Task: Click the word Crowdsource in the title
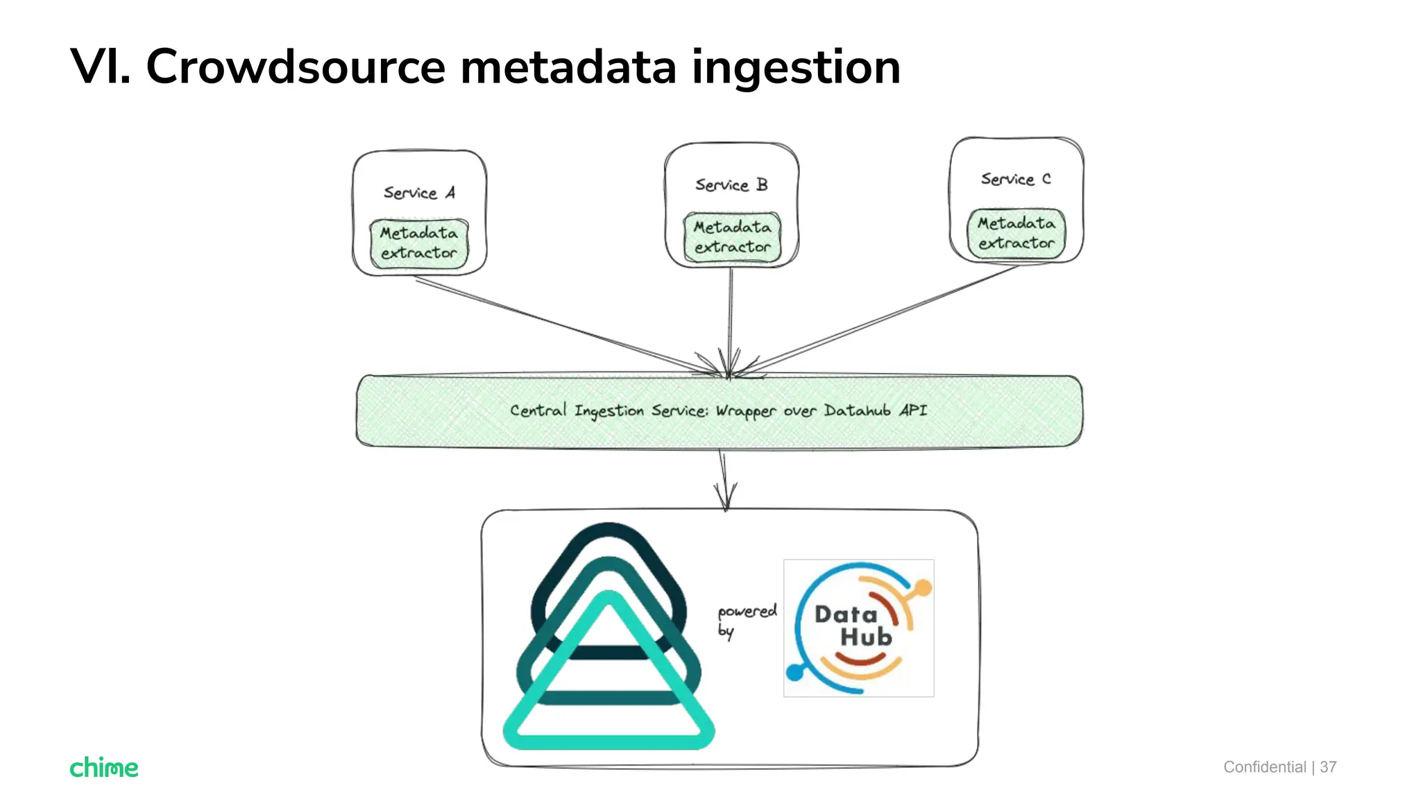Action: click(x=295, y=67)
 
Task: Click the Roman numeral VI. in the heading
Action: click(x=101, y=67)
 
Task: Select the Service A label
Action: click(x=419, y=193)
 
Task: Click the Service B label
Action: click(x=731, y=185)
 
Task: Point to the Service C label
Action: click(x=1015, y=179)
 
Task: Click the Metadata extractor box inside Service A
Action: click(x=419, y=243)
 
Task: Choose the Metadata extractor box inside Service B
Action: click(x=732, y=237)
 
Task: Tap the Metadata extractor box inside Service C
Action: click(x=1016, y=234)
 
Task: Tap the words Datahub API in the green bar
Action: click(x=875, y=411)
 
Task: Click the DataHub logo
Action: click(x=858, y=628)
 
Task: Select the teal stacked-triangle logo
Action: click(x=609, y=638)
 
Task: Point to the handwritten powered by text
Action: click(x=746, y=620)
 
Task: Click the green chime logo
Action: click(x=104, y=767)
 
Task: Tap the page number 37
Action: click(x=1328, y=767)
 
